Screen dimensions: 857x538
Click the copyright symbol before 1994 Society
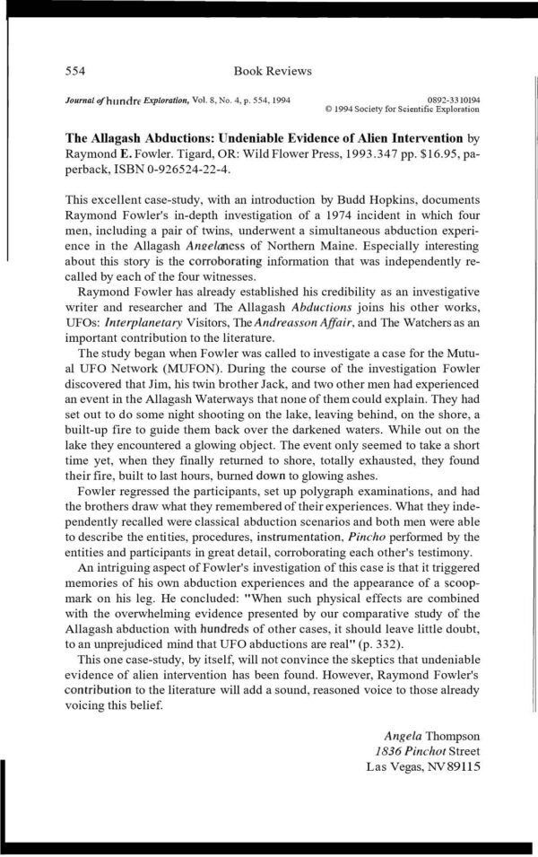point(329,109)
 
